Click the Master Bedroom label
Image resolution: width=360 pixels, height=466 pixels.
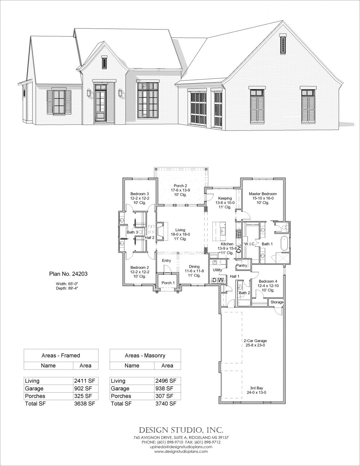point(263,194)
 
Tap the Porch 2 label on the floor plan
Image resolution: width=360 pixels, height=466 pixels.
point(180,186)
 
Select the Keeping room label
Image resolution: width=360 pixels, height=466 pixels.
point(225,198)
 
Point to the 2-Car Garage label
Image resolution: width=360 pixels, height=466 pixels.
point(255,340)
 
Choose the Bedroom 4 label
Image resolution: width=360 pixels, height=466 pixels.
point(268,281)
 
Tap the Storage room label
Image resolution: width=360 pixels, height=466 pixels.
point(277,302)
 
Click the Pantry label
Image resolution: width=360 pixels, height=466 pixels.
point(241,265)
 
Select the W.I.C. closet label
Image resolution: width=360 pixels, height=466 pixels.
point(250,244)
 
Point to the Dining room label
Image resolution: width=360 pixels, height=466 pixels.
point(192,267)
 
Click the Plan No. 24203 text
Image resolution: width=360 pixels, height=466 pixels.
point(64,272)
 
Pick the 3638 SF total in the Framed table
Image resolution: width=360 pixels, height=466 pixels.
point(85,404)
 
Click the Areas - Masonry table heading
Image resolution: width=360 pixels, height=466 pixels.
point(145,355)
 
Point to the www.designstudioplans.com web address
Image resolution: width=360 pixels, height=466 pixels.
point(180,451)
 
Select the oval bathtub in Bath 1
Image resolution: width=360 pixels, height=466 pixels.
point(285,244)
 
